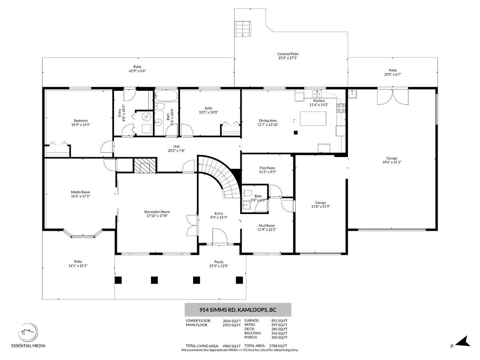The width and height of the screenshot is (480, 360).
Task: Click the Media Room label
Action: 80,192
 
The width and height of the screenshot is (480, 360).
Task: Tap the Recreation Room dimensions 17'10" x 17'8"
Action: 157,216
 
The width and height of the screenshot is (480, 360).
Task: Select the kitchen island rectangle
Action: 313,118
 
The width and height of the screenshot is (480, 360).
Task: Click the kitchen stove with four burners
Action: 341,108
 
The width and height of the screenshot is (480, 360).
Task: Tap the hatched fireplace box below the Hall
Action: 145,165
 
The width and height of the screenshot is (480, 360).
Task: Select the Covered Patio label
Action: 288,54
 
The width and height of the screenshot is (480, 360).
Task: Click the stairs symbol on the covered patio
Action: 243,29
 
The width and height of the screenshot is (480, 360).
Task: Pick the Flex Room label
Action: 268,168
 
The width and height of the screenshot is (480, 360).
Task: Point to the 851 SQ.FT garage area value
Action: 279,321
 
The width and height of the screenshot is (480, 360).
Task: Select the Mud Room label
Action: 267,226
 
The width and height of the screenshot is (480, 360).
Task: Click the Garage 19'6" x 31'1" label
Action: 392,160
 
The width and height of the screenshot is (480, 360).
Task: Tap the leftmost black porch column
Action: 118,280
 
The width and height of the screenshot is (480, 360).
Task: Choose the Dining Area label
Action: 268,120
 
